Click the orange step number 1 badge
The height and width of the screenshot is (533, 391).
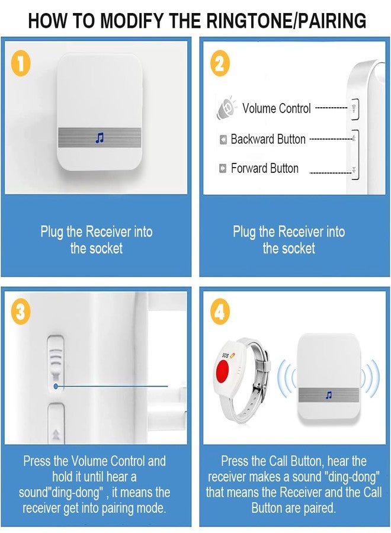[x=21, y=63]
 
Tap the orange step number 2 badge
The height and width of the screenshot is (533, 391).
[x=220, y=63]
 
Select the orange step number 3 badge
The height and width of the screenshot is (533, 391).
[x=21, y=312]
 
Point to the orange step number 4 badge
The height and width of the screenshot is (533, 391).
[x=220, y=312]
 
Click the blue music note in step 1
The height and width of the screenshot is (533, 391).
[x=100, y=138]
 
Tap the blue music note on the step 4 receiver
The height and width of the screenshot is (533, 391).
[x=328, y=395]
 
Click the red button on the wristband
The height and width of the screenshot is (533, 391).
[x=223, y=371]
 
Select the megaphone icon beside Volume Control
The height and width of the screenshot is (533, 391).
[x=226, y=107]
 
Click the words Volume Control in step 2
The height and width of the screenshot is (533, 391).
[x=277, y=108]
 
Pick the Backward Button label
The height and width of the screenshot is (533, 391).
[x=268, y=139]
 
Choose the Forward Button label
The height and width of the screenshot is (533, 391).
[x=265, y=168]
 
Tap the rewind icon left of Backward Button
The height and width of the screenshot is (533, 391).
[x=223, y=140]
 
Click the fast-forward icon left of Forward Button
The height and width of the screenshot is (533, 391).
[x=223, y=168]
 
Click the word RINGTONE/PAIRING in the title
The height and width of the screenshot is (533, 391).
[x=286, y=21]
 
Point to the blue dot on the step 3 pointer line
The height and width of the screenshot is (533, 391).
[x=56, y=387]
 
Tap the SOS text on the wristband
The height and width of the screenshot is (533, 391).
[x=225, y=355]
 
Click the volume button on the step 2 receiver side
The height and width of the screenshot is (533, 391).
[x=355, y=110]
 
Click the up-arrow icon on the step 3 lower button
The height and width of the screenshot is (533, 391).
[x=56, y=434]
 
